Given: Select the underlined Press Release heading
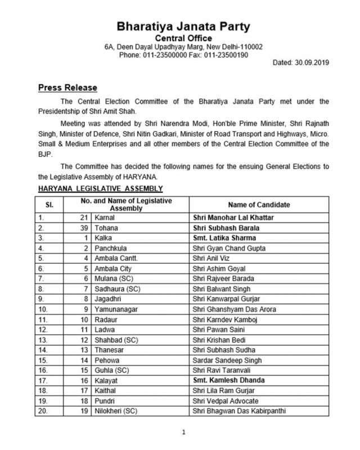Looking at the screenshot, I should click(67, 88).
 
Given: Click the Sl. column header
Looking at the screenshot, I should click(49, 204).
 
